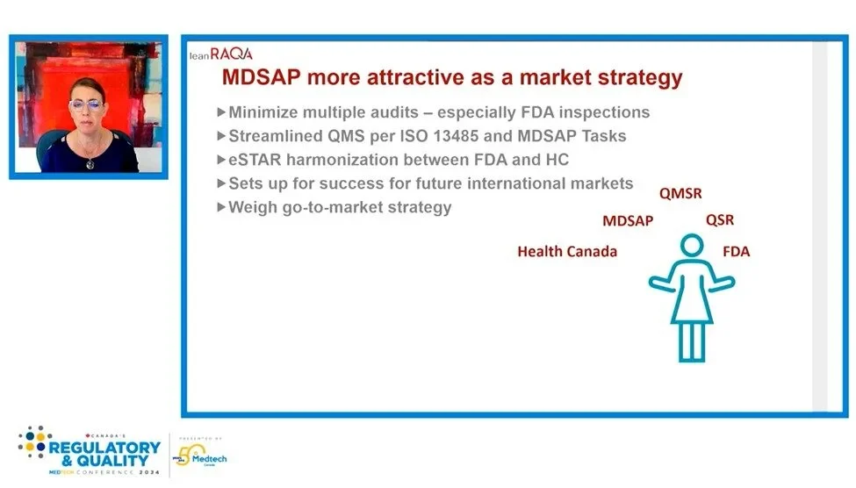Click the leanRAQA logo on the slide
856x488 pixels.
220,54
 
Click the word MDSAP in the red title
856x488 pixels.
262,77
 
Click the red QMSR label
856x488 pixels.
680,194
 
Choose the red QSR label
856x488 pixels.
720,220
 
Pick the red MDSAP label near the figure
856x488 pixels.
627,221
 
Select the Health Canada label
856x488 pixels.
567,252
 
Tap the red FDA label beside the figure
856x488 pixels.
736,252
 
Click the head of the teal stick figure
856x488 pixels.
692,245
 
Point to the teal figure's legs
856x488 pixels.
692,341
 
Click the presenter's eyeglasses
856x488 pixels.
86,104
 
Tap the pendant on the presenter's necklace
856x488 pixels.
90,163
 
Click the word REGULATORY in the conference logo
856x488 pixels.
104,449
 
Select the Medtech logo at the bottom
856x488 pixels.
200,456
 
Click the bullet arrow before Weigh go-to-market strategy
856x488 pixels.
221,207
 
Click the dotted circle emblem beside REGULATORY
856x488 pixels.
35,441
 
